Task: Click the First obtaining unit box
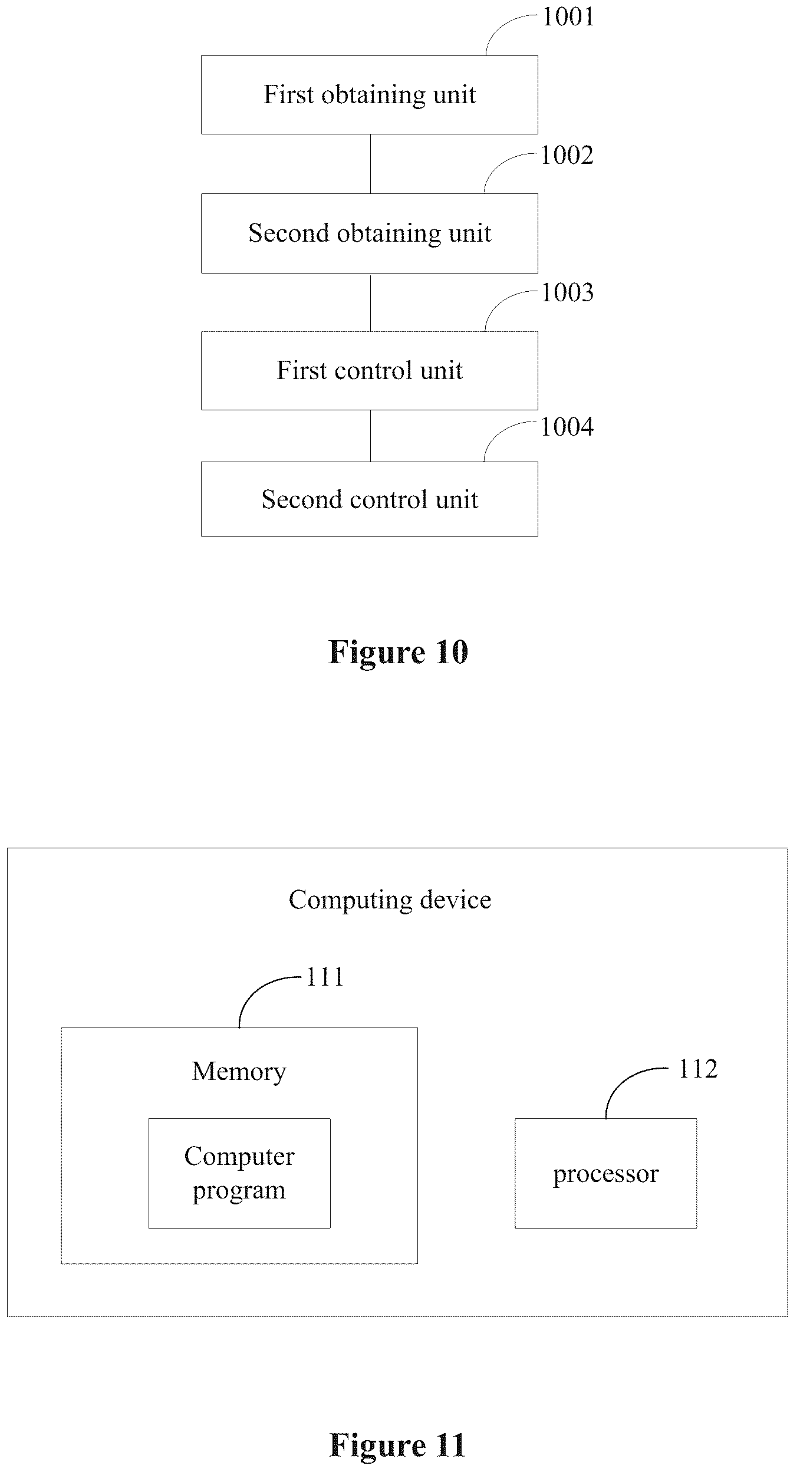pyautogui.click(x=370, y=95)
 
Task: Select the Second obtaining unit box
pyautogui.click(x=370, y=233)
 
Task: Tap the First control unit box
pyautogui.click(x=370, y=370)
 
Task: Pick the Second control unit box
pyautogui.click(x=370, y=499)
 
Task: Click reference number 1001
pyautogui.click(x=568, y=17)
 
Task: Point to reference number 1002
pyautogui.click(x=567, y=156)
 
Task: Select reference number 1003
pyautogui.click(x=567, y=293)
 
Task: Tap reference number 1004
pyautogui.click(x=567, y=427)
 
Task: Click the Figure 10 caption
pyautogui.click(x=399, y=652)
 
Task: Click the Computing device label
pyautogui.click(x=390, y=900)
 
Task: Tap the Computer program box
pyautogui.click(x=239, y=1173)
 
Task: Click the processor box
pyautogui.click(x=606, y=1173)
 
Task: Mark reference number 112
pyautogui.click(x=698, y=1069)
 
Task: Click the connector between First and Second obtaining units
pyautogui.click(x=370, y=164)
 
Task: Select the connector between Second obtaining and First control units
pyautogui.click(x=370, y=302)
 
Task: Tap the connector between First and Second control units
pyautogui.click(x=370, y=436)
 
